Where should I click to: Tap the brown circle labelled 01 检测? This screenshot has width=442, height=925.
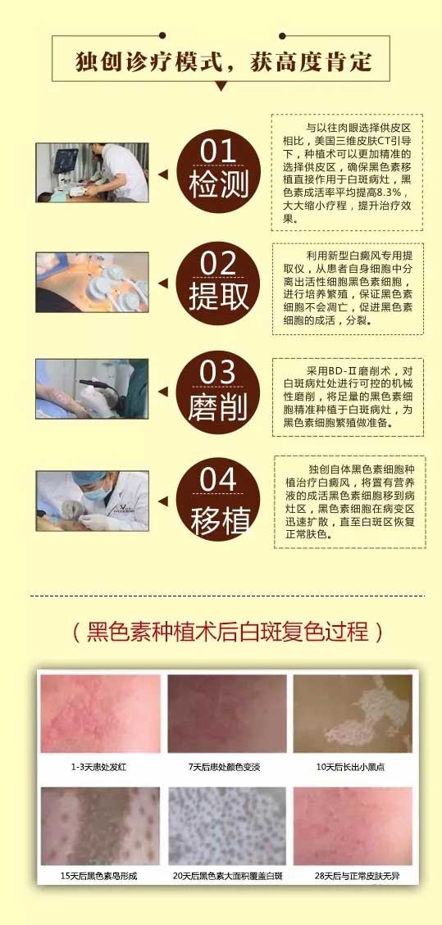pyautogui.click(x=218, y=170)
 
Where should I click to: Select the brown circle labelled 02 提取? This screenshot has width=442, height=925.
pyautogui.click(x=218, y=281)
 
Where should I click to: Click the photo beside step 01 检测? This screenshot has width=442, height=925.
pyautogui.click(x=92, y=172)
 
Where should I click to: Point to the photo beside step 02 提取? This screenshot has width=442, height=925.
pyautogui.click(x=92, y=282)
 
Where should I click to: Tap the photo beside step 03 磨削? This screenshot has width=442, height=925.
pyautogui.click(x=92, y=388)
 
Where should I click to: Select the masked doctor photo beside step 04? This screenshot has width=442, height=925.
pyautogui.click(x=92, y=501)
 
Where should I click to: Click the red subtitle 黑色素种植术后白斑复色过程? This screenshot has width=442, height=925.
pyautogui.click(x=228, y=631)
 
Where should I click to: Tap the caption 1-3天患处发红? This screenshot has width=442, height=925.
pyautogui.click(x=100, y=768)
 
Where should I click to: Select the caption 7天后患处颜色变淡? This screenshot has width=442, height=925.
pyautogui.click(x=225, y=768)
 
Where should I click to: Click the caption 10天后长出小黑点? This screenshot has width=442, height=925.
pyautogui.click(x=350, y=768)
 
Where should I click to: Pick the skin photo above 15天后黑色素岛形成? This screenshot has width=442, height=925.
pyautogui.click(x=100, y=826)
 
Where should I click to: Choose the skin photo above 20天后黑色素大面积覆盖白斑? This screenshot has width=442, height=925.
pyautogui.click(x=227, y=826)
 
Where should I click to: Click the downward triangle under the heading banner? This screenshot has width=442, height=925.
pyautogui.click(x=221, y=86)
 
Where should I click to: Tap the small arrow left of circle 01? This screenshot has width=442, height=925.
pyautogui.click(x=163, y=174)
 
